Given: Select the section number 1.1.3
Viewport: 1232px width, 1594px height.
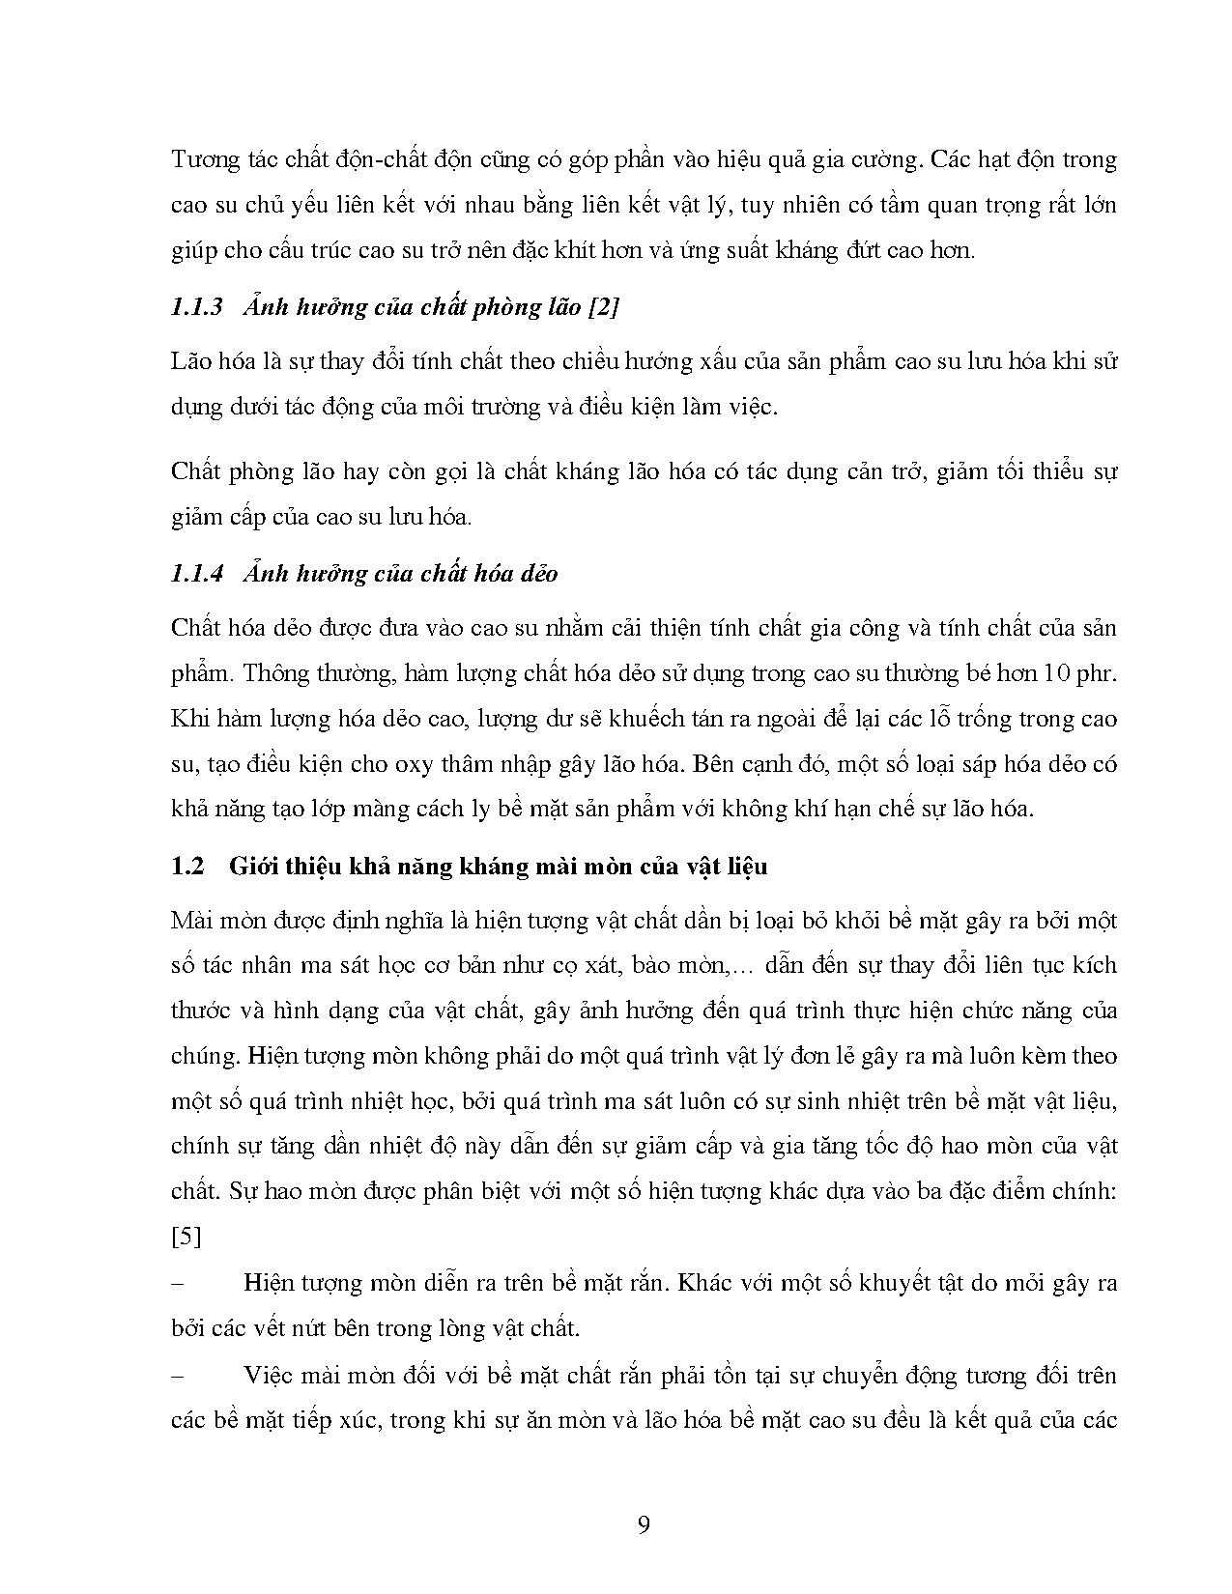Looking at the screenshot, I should [x=197, y=307].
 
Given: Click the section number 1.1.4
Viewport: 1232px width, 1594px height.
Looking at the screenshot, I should [x=197, y=573].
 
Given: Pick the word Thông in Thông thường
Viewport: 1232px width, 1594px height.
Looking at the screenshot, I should [x=274, y=673].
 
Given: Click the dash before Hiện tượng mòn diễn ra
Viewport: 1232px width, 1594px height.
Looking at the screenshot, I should [x=177, y=1284].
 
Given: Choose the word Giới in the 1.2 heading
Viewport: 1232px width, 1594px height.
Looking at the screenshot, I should [x=253, y=866].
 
